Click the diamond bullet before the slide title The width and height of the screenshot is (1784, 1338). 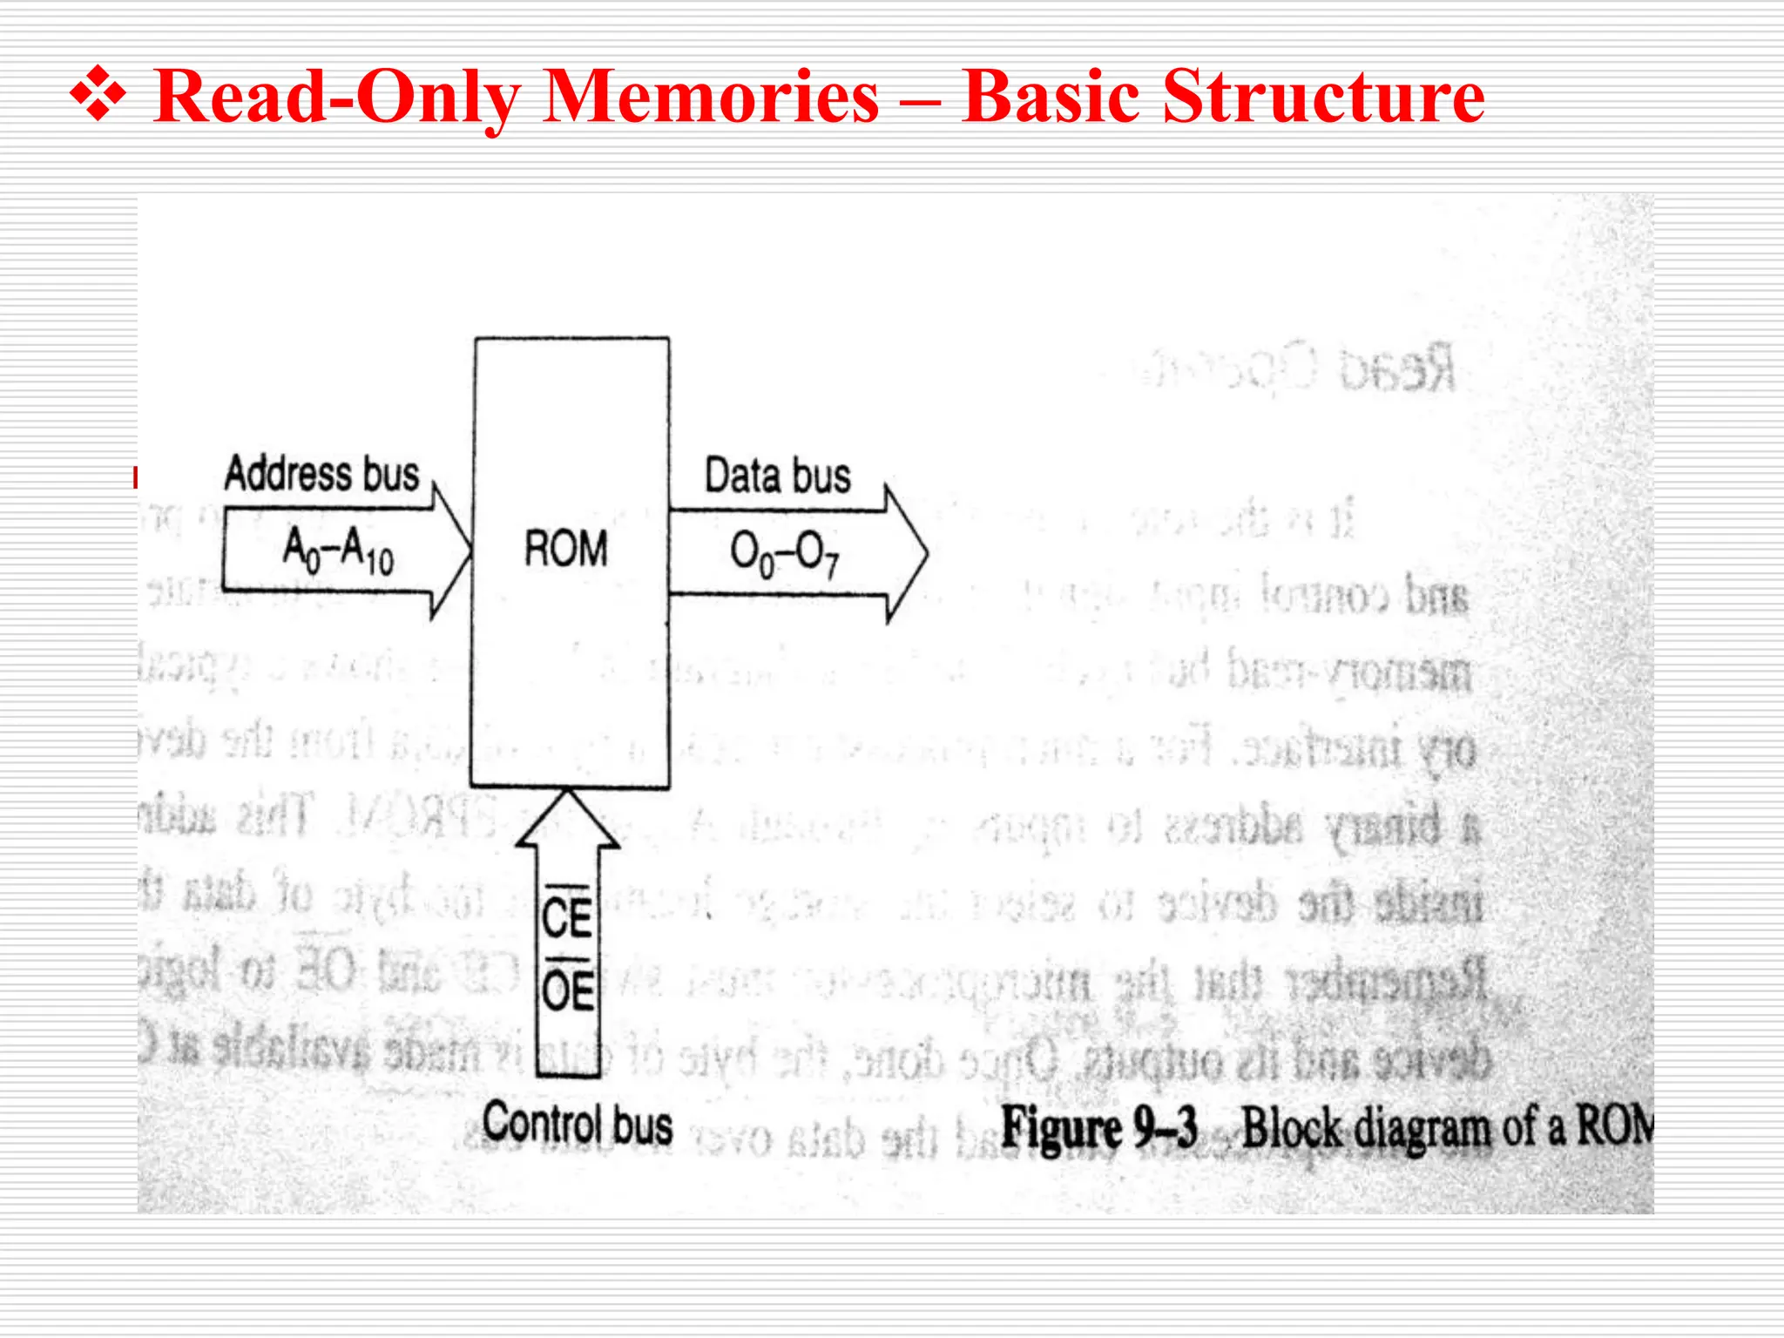click(98, 97)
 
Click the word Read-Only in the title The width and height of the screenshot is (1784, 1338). click(334, 97)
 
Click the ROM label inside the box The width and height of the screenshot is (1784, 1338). click(566, 550)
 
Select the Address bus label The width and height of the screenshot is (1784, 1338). click(321, 475)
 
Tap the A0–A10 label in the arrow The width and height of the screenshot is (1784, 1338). click(338, 551)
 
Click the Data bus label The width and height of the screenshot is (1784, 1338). click(777, 476)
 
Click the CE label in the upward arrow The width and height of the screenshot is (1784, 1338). click(567, 917)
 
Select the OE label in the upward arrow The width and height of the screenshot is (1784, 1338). click(568, 990)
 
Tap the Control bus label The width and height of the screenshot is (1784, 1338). click(578, 1123)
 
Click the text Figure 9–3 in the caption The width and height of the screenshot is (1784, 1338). click(1100, 1127)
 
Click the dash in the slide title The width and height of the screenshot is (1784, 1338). click(920, 98)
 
